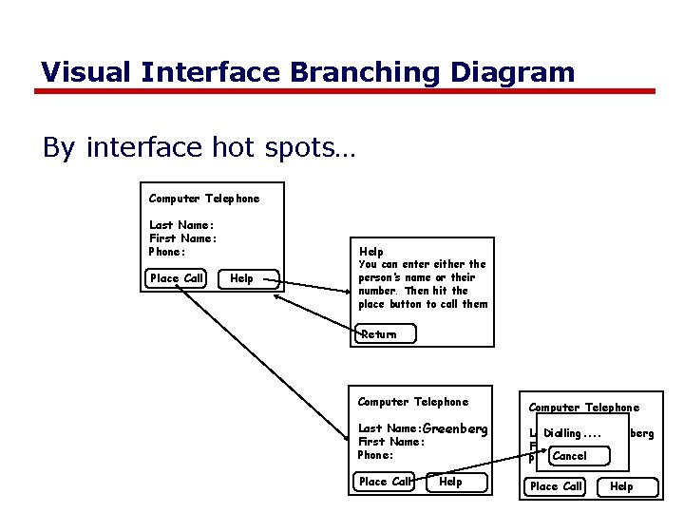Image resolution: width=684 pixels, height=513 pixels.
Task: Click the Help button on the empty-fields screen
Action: pyautogui.click(x=241, y=278)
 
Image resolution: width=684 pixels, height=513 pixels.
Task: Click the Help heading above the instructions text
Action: pyautogui.click(x=371, y=252)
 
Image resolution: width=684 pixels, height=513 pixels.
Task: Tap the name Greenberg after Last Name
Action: pyautogui.click(x=454, y=428)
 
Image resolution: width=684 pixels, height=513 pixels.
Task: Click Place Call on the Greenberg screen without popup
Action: pyautogui.click(x=385, y=482)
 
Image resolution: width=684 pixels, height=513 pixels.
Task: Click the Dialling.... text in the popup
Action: pyautogui.click(x=573, y=433)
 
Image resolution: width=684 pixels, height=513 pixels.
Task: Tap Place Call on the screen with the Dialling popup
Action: pyautogui.click(x=556, y=486)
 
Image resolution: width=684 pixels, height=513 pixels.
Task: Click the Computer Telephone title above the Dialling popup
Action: pyautogui.click(x=583, y=408)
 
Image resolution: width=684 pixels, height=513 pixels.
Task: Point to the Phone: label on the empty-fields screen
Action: pyautogui.click(x=167, y=252)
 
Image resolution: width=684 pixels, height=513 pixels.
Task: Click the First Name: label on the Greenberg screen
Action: pyautogui.click(x=390, y=442)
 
